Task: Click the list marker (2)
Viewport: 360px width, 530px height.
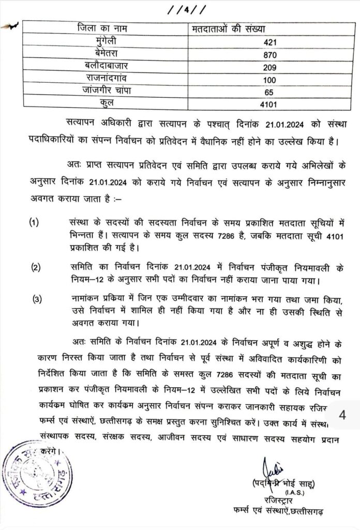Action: pos(36,267)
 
